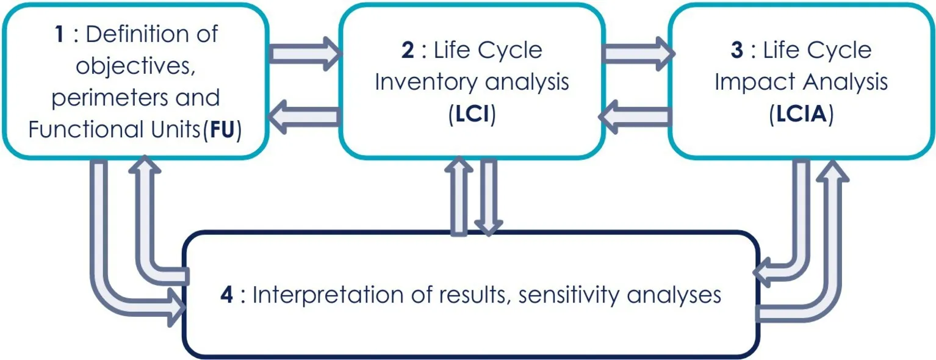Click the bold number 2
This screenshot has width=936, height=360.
[407, 50]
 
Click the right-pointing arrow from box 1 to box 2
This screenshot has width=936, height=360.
[305, 54]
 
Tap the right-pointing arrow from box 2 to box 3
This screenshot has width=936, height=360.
[638, 54]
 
